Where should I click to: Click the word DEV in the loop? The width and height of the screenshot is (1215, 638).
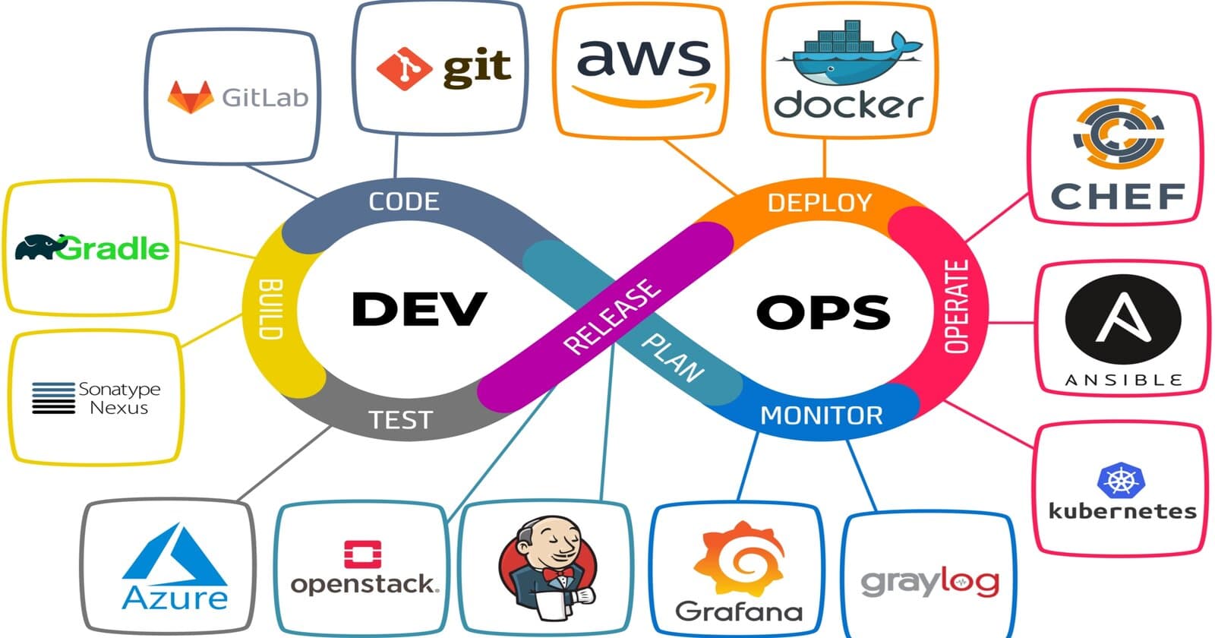(x=418, y=309)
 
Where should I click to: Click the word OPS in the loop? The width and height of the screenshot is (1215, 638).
(x=823, y=311)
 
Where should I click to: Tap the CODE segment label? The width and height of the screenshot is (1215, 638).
(x=404, y=201)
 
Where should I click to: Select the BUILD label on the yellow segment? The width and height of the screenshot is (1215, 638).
(x=270, y=308)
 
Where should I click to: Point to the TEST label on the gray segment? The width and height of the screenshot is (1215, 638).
(x=400, y=419)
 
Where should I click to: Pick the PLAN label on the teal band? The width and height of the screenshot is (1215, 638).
(x=673, y=357)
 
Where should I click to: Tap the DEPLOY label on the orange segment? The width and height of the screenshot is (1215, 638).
(x=819, y=203)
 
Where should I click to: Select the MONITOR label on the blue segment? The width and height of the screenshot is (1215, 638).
(x=822, y=415)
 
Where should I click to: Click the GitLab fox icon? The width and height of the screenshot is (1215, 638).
(x=190, y=97)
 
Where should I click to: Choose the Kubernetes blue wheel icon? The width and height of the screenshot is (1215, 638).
(x=1120, y=480)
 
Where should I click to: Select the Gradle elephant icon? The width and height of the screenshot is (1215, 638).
(x=39, y=247)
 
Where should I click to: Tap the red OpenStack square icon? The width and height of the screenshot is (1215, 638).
(x=362, y=554)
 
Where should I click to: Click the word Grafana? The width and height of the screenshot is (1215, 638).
(x=738, y=611)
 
